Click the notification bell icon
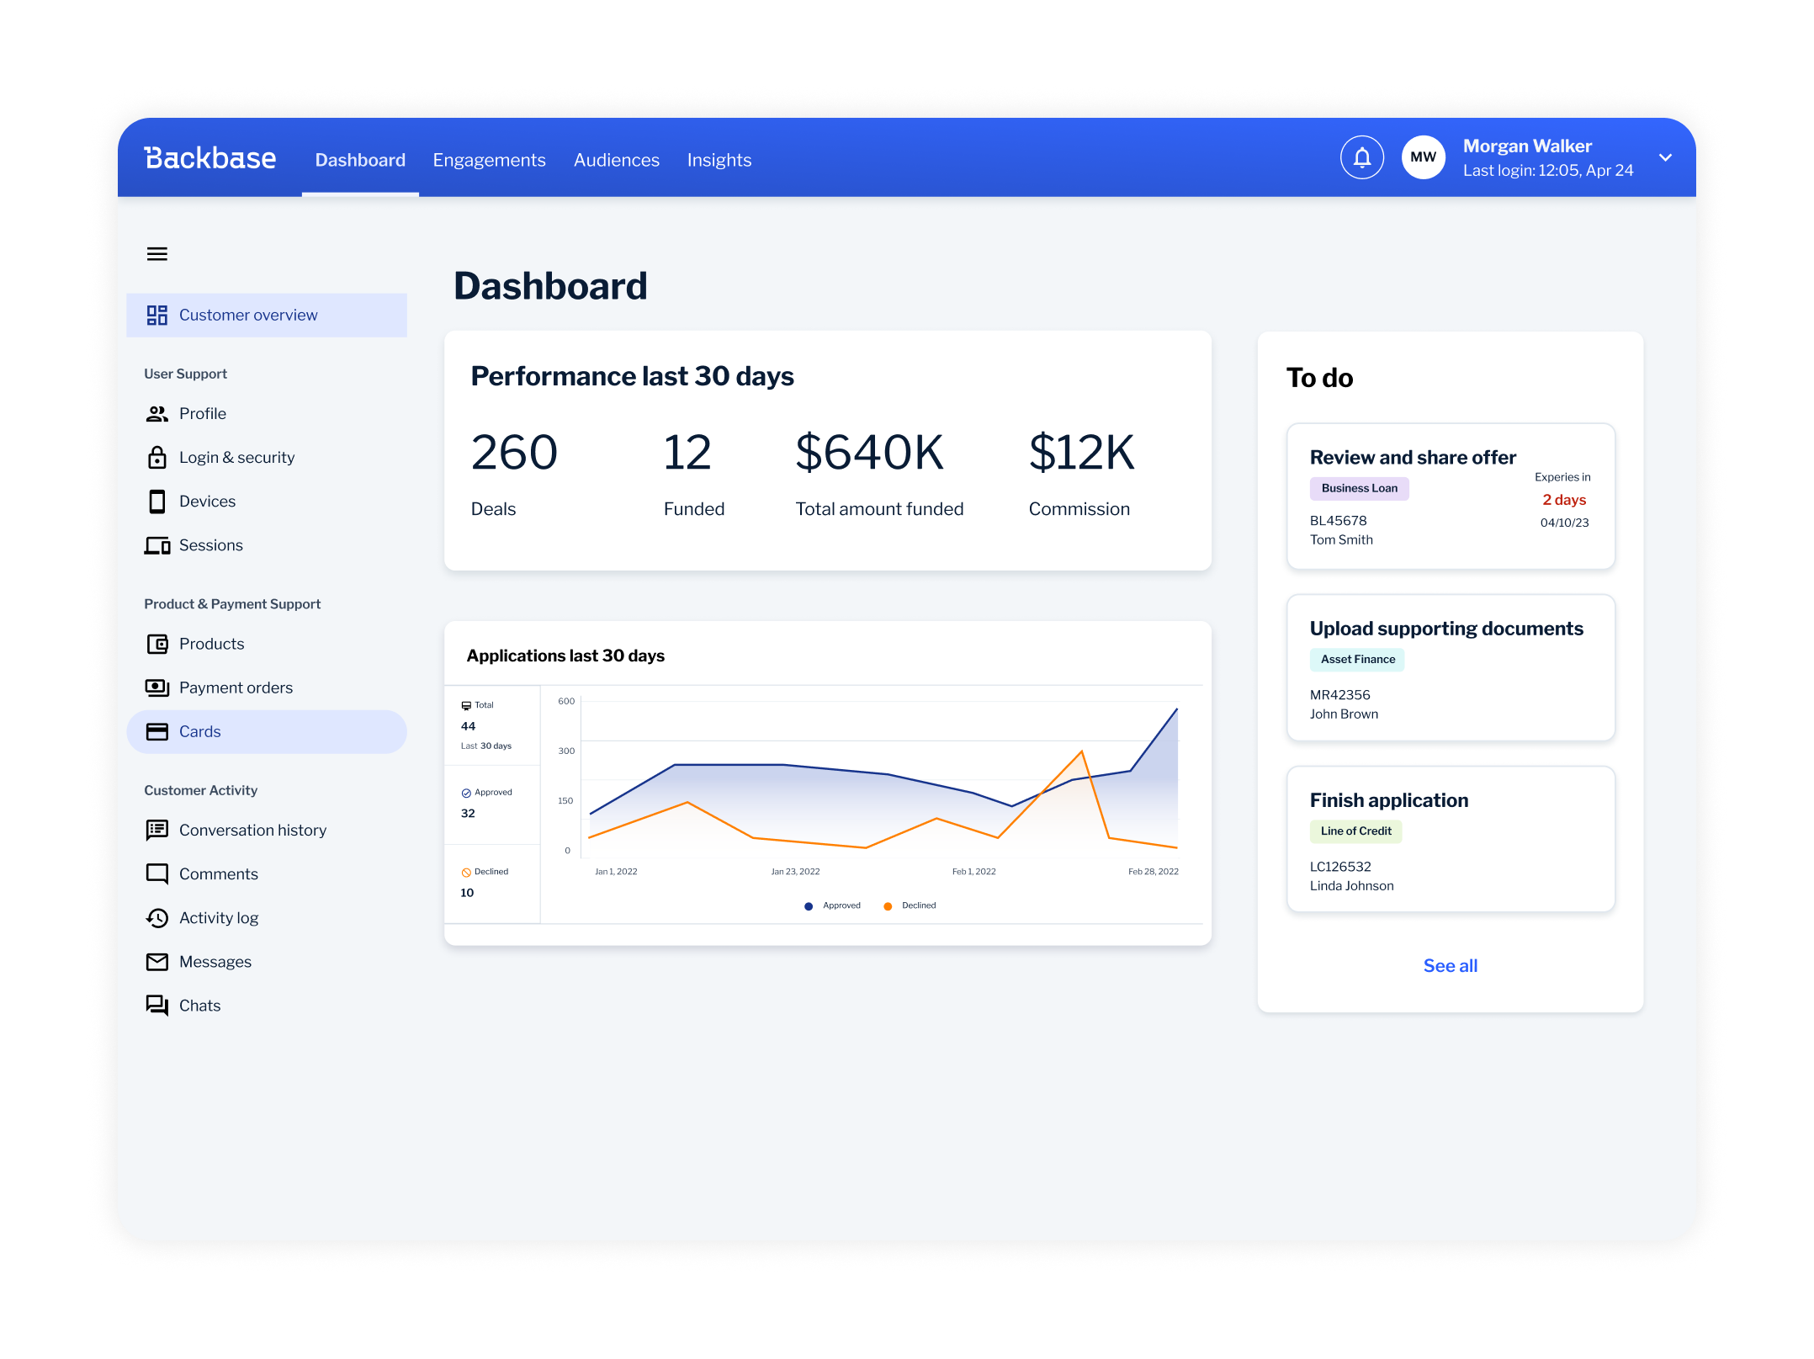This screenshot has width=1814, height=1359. pyautogui.click(x=1361, y=157)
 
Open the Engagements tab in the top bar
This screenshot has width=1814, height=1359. pyautogui.click(x=489, y=160)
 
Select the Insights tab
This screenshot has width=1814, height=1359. pyautogui.click(x=719, y=160)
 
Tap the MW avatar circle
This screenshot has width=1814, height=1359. pyautogui.click(x=1423, y=157)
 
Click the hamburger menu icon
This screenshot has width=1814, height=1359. pyautogui.click(x=157, y=254)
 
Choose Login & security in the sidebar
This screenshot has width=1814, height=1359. pyautogui.click(x=236, y=458)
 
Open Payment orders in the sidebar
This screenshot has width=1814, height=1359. pyautogui.click(x=236, y=687)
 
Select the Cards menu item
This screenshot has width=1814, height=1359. pyautogui.click(x=199, y=731)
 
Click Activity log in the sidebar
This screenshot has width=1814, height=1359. pyautogui.click(x=218, y=918)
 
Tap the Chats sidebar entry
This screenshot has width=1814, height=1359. pyautogui.click(x=199, y=1006)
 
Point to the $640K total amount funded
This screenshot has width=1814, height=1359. pyautogui.click(x=869, y=453)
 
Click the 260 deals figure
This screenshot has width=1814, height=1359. pyautogui.click(x=514, y=453)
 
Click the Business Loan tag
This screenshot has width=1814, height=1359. pyautogui.click(x=1359, y=488)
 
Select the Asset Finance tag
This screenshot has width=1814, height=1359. pyautogui.click(x=1357, y=660)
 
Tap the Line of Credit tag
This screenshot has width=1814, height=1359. pyautogui.click(x=1355, y=831)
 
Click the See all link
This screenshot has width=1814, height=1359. pyautogui.click(x=1450, y=966)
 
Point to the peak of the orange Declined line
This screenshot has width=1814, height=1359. pyautogui.click(x=1081, y=751)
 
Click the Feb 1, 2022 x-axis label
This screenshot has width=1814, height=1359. pyautogui.click(x=973, y=872)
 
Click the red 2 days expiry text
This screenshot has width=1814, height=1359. pyautogui.click(x=1564, y=500)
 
